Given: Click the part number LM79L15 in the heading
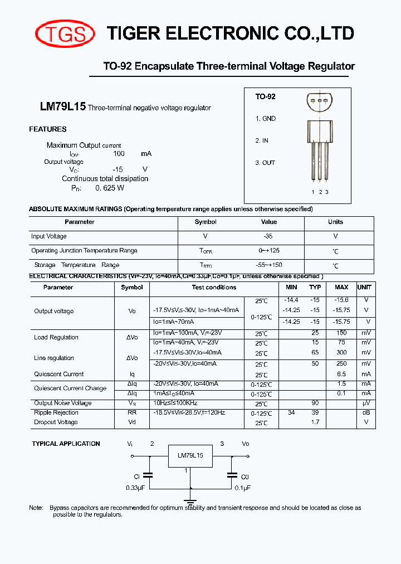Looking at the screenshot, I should tap(62, 107).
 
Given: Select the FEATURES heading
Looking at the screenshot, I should tap(48, 129).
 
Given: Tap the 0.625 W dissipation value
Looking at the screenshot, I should tap(110, 188).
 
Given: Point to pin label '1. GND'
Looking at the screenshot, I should tap(266, 119).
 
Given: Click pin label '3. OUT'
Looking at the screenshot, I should tap(266, 163).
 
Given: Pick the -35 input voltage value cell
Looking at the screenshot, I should tap(269, 236).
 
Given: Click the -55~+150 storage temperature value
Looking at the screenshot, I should tap(269, 265).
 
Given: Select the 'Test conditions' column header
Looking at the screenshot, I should tap(214, 288).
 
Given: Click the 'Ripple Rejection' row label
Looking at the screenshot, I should tap(56, 413).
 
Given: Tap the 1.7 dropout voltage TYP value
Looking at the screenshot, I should tap(315, 422).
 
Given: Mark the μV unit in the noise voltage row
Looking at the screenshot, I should tap(366, 403).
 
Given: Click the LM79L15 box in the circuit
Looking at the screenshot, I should tap(190, 455).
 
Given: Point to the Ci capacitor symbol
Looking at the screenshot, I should tap(148, 475).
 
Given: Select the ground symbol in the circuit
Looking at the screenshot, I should tap(190, 493).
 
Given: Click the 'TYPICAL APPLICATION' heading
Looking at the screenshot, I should tap(66, 444).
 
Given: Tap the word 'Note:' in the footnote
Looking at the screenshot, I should tap(36, 508).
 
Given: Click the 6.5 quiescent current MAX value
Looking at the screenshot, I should tap(341, 375).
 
